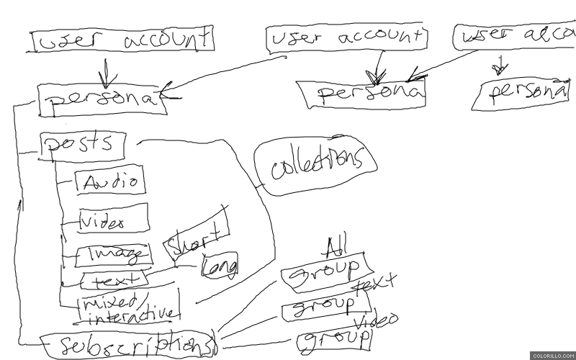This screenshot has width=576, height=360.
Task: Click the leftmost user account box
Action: (x=122, y=41)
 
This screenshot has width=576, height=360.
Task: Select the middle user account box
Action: (x=346, y=40)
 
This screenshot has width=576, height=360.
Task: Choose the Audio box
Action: (x=110, y=181)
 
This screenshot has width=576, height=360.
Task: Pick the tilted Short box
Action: (x=197, y=235)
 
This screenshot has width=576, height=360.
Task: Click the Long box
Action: (x=220, y=266)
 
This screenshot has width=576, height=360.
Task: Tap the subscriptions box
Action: (x=128, y=344)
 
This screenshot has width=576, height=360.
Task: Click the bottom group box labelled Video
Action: (x=335, y=338)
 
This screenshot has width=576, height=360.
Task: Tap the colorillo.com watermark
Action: (x=552, y=355)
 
